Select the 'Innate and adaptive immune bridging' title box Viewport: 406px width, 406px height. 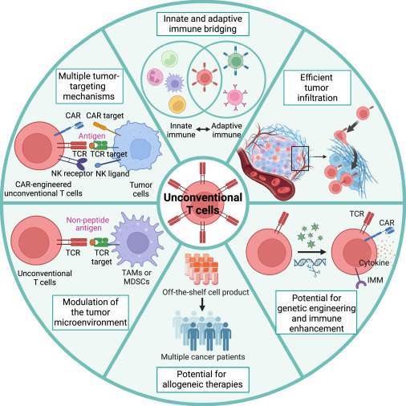coord(203,27)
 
